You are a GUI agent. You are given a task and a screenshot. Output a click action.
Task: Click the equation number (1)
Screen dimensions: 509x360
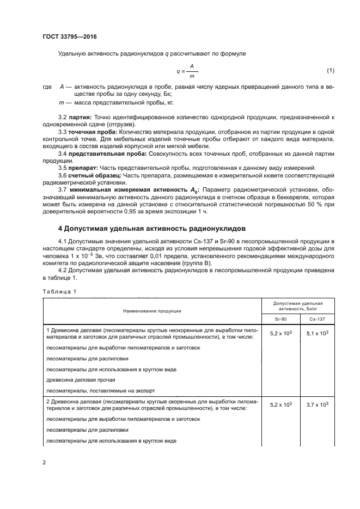point(330,71)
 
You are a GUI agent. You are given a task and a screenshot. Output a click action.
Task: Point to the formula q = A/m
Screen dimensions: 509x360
point(187,71)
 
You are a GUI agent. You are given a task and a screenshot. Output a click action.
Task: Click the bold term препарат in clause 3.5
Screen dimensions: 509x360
point(82,168)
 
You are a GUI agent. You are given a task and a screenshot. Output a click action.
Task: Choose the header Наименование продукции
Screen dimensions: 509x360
point(152,310)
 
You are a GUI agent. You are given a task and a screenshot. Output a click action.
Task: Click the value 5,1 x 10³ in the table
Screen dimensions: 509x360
point(318,333)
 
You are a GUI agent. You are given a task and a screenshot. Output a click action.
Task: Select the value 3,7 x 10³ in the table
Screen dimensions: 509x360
point(318,404)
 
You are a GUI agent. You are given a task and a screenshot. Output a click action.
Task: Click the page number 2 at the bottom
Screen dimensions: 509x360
point(44,463)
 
